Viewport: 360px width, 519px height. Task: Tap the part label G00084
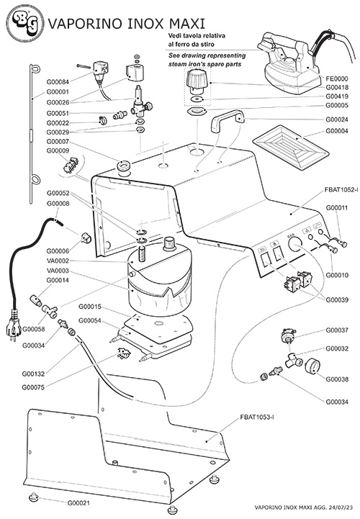point(58,82)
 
